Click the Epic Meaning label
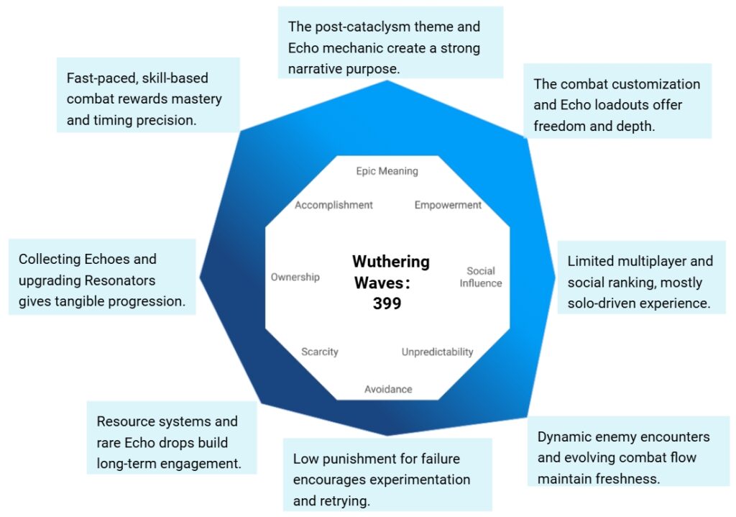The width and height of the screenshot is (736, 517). [x=387, y=171]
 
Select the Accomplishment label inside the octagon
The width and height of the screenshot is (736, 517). [x=333, y=205]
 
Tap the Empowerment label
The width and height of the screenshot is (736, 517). [x=448, y=205]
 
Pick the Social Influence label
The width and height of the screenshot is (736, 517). [x=481, y=277]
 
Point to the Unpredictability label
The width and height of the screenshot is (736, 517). [x=437, y=352]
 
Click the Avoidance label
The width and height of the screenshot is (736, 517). [x=388, y=389]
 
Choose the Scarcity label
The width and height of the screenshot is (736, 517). [x=320, y=352]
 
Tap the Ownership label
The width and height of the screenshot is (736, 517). [x=295, y=277]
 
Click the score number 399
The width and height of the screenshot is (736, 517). [x=387, y=303]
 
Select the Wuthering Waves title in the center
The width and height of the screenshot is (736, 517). [x=391, y=272]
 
